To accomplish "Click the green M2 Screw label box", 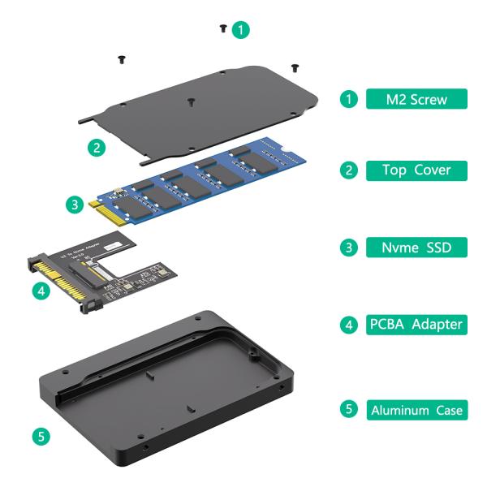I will click(417, 99).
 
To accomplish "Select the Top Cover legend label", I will click(417, 170).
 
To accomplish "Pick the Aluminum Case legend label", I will click(417, 410).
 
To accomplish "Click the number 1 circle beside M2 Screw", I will click(349, 99).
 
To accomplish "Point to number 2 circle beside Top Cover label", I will click(349, 170).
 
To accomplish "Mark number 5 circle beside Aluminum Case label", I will click(349, 410).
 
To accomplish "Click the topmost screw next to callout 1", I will click(222, 28).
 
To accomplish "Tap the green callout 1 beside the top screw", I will click(241, 30).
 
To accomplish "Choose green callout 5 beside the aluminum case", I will click(41, 436).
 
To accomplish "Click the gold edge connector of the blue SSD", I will click(106, 212).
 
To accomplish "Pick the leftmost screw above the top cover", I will click(121, 58).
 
